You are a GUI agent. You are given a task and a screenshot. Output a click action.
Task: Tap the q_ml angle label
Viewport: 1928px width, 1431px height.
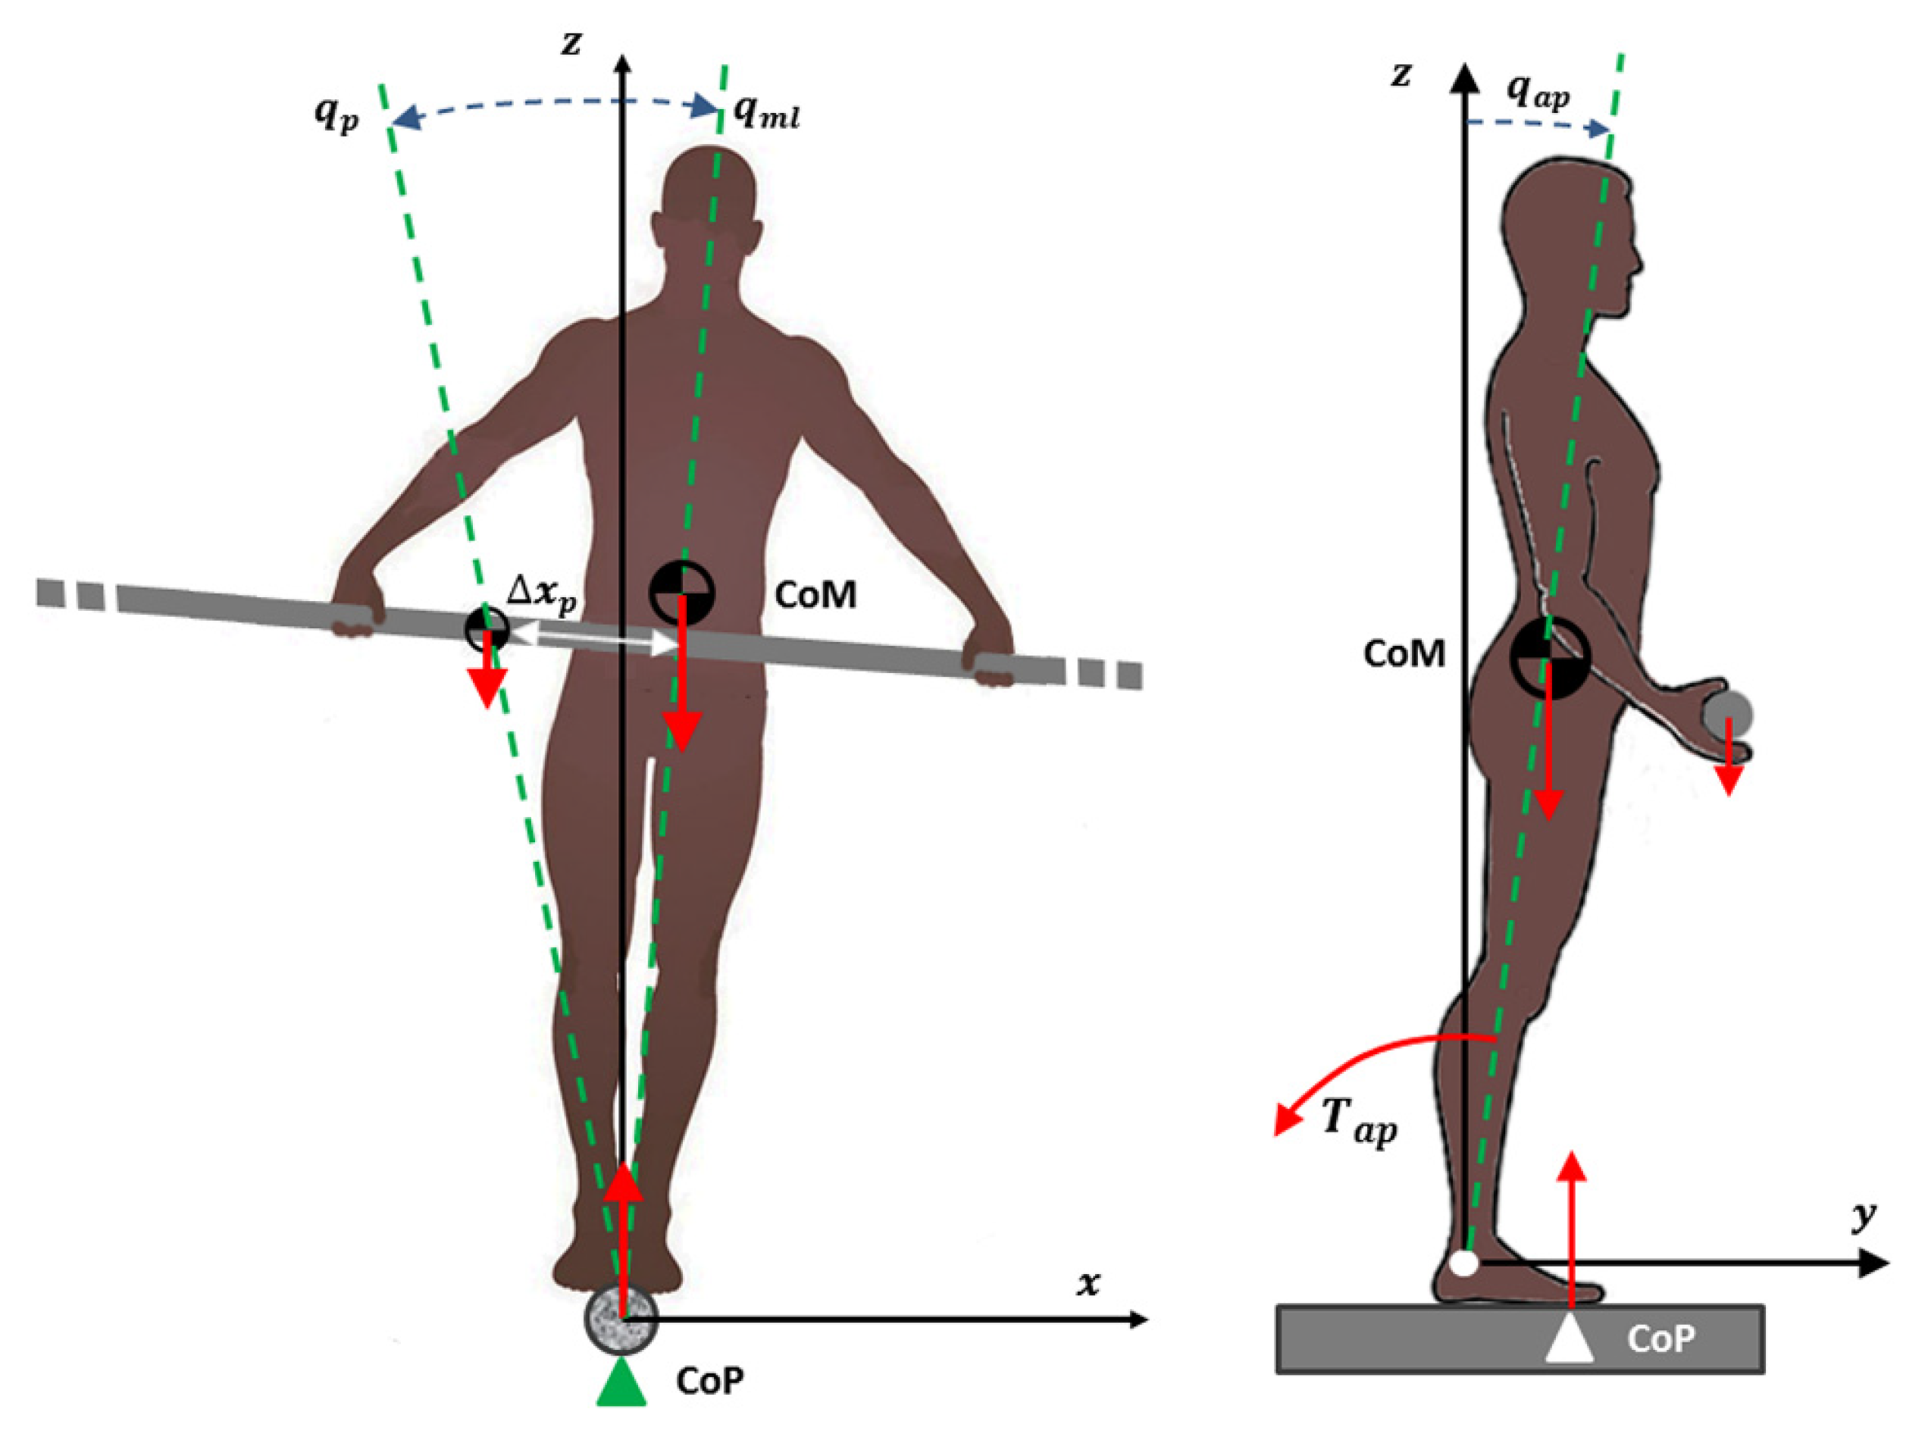[x=766, y=113]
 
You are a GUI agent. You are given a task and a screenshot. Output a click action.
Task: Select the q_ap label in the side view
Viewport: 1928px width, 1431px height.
[x=1538, y=91]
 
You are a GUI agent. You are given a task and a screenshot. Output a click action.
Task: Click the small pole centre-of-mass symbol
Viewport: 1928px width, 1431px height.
[x=487, y=630]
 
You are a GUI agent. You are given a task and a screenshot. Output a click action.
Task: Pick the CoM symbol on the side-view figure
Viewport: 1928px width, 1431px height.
[x=1550, y=657]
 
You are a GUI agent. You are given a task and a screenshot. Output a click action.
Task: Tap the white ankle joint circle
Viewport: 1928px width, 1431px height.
[x=1463, y=1263]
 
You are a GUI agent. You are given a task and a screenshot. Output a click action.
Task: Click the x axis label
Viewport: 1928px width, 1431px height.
[x=1088, y=1283]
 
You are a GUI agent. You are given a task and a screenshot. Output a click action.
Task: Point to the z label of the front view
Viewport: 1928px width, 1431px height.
[x=571, y=42]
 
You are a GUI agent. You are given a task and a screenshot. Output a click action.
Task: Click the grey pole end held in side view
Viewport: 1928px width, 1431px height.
[x=1727, y=715]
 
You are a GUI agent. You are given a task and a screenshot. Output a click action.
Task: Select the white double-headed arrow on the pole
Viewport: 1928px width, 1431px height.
[x=593, y=638]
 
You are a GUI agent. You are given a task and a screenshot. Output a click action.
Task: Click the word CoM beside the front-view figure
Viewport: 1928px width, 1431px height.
[x=814, y=594]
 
